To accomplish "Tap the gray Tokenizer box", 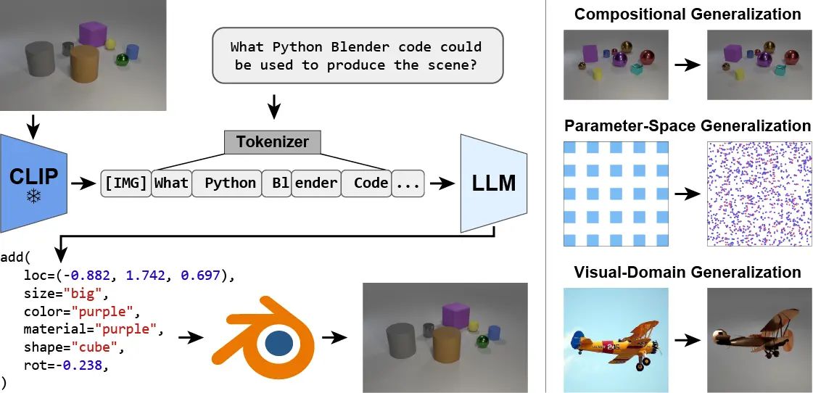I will click(x=273, y=141).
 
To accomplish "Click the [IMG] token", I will click(x=126, y=183).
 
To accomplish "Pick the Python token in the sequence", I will click(x=229, y=183).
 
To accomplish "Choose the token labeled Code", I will click(x=371, y=183).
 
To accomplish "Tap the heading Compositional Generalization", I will click(x=688, y=15).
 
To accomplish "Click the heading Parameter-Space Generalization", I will click(x=688, y=125).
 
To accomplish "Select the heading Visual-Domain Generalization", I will click(x=688, y=273).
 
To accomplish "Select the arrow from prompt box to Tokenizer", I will click(x=273, y=107).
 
